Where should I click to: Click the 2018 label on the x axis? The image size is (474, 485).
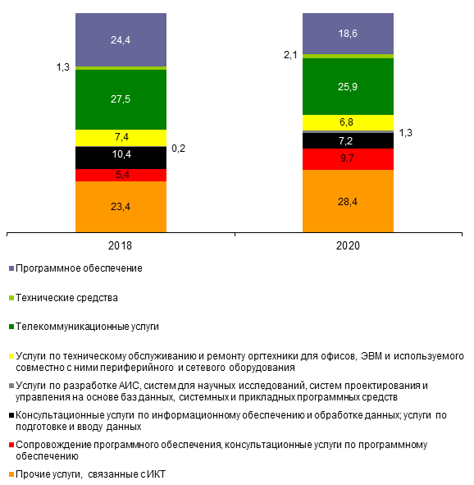click(x=120, y=245)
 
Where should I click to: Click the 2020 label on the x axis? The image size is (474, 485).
click(x=348, y=245)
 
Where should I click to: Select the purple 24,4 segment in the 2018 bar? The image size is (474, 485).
click(x=121, y=39)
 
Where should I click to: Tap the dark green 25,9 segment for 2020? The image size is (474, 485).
click(x=348, y=87)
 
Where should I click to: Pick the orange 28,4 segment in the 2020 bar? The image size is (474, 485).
click(x=348, y=201)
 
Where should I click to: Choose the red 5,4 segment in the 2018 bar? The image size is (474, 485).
click(x=121, y=175)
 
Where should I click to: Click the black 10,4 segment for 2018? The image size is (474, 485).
click(x=121, y=158)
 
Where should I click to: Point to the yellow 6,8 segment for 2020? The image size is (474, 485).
click(x=348, y=122)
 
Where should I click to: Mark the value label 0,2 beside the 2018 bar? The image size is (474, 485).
click(x=178, y=149)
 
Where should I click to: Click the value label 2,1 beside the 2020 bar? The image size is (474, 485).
click(x=290, y=55)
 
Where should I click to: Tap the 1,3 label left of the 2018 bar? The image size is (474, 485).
click(x=62, y=67)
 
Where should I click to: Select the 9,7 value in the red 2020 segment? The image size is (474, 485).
click(x=347, y=158)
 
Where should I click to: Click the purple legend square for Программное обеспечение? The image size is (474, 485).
click(x=11, y=268)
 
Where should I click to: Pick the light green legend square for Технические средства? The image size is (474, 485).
click(x=11, y=298)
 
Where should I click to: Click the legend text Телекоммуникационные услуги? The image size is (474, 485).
click(x=87, y=327)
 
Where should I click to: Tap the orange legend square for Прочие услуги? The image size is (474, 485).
click(x=11, y=474)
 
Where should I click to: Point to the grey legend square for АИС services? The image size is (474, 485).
click(x=11, y=386)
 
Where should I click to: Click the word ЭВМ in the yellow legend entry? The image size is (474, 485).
click(x=371, y=356)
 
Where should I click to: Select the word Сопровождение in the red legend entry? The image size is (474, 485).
click(x=53, y=445)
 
